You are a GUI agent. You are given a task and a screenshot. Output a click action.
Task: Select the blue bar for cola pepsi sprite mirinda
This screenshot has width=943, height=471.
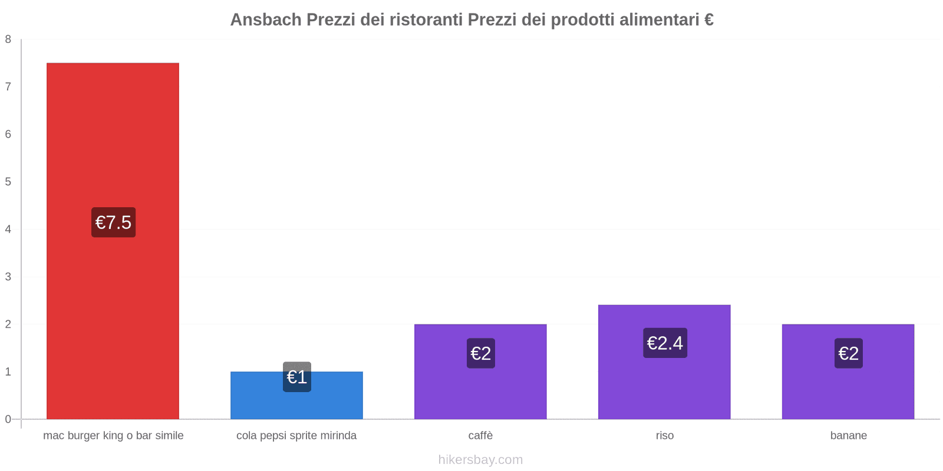296,403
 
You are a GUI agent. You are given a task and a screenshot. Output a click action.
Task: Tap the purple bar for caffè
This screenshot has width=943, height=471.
480,389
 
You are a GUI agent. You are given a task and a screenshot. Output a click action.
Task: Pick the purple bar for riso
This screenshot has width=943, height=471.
664,383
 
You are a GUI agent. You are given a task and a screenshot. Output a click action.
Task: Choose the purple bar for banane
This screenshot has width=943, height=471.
848,389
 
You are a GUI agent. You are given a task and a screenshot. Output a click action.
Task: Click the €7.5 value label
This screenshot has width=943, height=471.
113,223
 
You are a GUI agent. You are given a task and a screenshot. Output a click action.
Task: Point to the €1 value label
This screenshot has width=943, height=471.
297,377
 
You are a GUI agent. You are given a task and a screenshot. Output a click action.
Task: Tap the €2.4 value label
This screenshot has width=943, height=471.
665,343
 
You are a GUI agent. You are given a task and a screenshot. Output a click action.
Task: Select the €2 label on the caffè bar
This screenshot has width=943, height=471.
481,353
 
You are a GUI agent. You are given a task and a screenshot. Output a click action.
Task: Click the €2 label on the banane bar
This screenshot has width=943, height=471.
849,353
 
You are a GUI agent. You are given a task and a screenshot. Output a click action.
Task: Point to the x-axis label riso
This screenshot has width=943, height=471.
665,436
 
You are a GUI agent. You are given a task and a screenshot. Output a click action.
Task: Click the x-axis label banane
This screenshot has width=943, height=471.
849,436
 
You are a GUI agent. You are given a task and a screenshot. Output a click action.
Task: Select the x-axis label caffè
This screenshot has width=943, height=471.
481,436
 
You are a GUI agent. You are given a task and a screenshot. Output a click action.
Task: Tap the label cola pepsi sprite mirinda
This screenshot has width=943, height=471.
296,436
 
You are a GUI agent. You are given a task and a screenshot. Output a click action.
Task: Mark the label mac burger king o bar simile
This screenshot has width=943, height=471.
113,436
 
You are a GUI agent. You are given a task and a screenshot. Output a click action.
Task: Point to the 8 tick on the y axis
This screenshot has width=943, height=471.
8,39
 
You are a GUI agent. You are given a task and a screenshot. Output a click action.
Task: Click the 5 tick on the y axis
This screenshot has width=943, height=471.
8,182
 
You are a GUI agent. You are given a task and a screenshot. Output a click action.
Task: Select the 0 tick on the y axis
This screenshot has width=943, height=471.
8,419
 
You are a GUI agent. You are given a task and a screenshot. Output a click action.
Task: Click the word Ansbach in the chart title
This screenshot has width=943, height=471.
265,20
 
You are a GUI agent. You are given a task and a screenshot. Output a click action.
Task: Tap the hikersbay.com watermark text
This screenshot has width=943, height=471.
480,460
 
